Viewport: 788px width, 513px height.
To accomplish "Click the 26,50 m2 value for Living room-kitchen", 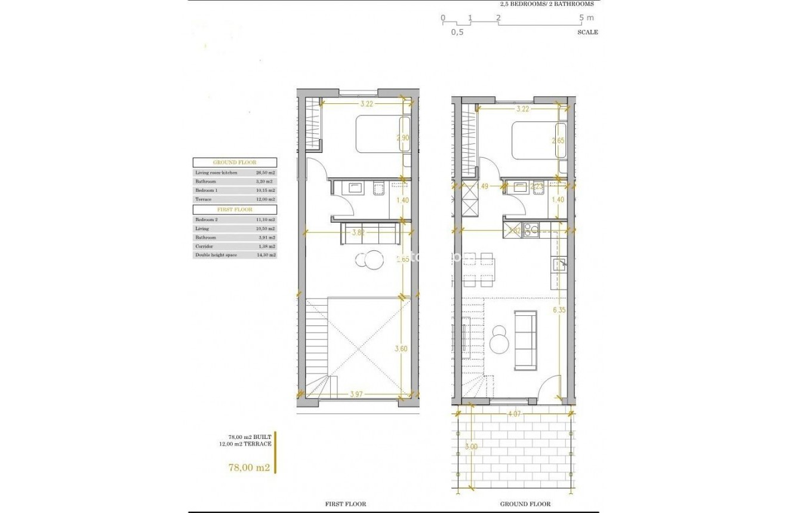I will [263, 173].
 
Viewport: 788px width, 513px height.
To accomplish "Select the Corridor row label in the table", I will [204, 246].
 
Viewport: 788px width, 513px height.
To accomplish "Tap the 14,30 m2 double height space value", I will [263, 255].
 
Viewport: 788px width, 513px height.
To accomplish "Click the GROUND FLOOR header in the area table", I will [234, 162].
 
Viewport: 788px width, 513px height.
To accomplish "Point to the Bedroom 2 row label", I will [207, 220].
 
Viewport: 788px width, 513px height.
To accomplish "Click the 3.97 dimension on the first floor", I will [356, 394].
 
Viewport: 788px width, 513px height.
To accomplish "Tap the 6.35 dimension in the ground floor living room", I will [559, 310].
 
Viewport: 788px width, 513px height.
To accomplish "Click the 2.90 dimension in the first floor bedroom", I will [403, 138].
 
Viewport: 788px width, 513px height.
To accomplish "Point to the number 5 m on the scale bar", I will [586, 18].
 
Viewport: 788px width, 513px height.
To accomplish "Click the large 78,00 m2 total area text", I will [250, 468].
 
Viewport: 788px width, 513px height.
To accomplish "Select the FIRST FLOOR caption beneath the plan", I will [346, 504].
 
